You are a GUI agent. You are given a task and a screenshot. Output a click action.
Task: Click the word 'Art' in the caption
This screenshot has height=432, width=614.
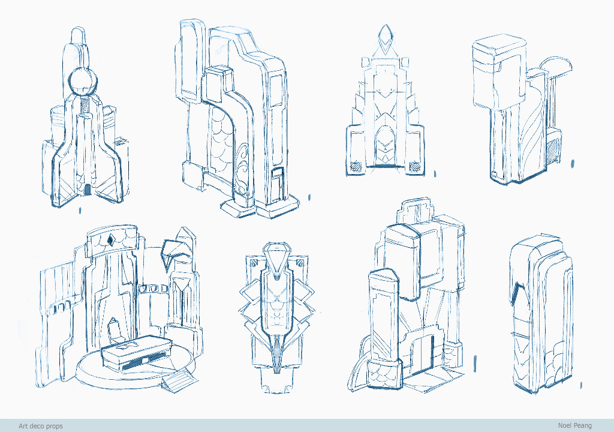[x=23, y=426]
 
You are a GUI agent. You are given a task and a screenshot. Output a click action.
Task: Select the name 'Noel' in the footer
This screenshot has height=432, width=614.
[x=564, y=425]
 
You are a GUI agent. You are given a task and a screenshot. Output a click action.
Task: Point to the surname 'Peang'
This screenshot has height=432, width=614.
[x=582, y=426]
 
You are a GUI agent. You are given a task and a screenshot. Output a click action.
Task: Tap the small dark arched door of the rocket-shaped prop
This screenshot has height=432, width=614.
[x=88, y=190]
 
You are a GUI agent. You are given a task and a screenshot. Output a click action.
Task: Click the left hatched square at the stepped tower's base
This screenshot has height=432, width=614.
[x=356, y=166]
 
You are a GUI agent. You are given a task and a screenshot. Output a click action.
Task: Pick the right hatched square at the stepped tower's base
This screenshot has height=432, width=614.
[x=415, y=167]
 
